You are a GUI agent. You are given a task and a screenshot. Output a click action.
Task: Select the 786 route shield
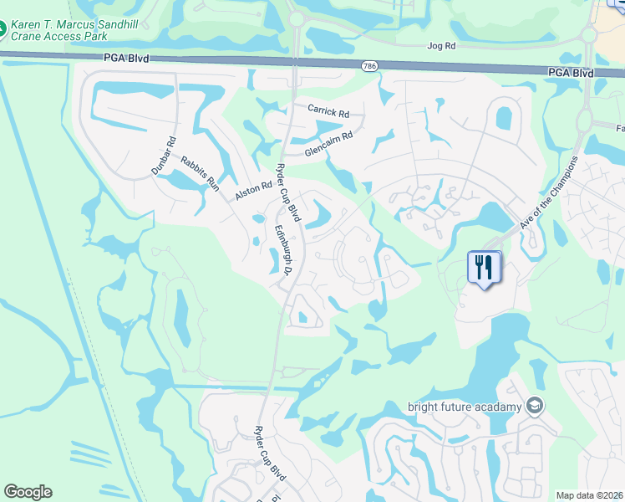pos(368,65)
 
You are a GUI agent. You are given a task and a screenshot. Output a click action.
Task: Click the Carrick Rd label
pos(328,110)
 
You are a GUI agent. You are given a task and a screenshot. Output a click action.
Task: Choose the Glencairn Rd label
pos(329,144)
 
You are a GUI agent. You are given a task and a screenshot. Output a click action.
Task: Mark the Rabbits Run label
pos(200,175)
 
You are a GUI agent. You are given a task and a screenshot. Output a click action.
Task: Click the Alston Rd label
pos(254,189)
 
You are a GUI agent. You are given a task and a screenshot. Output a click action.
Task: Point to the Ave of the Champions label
pos(548,192)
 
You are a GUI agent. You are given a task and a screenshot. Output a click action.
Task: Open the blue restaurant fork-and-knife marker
pos(484,268)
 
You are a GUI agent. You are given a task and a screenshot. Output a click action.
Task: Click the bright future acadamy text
pos(465,407)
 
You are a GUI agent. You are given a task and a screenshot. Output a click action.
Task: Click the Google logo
pos(28,492)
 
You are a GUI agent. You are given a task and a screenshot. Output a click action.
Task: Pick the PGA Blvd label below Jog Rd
pos(571,73)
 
